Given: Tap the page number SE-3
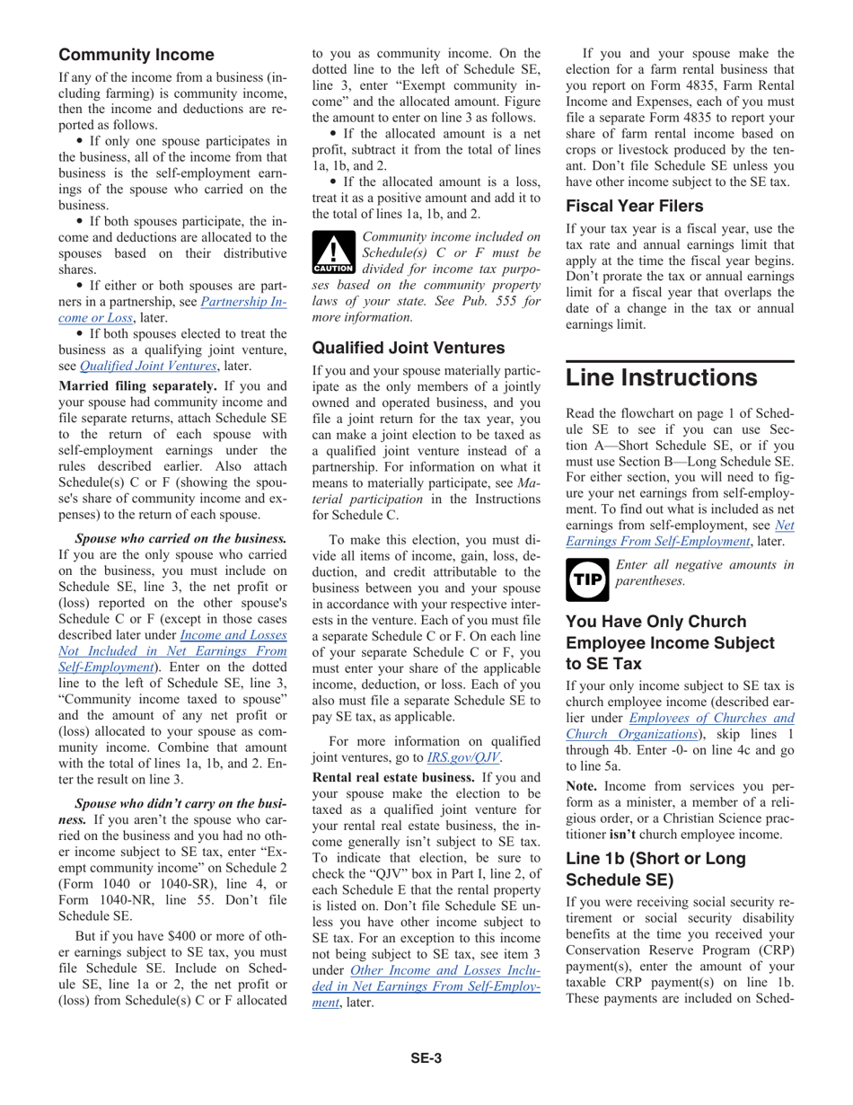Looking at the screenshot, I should tap(426, 1058).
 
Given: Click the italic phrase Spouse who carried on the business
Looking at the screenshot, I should tap(180, 539).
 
